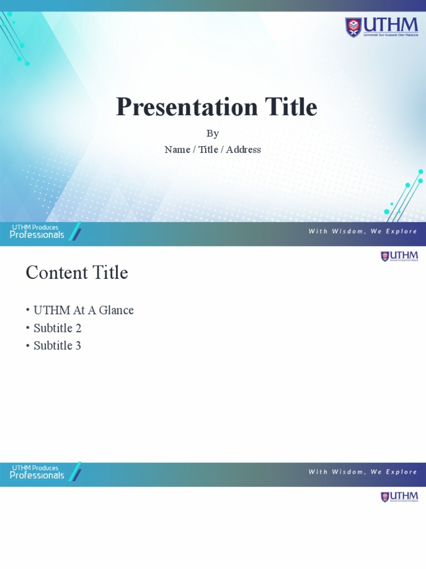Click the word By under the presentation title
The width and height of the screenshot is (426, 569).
coord(212,134)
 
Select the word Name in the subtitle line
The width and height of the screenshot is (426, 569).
coord(177,149)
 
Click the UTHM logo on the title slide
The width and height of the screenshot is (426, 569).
coord(382,27)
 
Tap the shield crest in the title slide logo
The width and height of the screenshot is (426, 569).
coord(353,27)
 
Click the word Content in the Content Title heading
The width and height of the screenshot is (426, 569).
coord(57,273)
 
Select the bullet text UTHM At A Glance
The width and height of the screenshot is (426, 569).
coord(83,310)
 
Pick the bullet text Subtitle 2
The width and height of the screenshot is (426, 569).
coord(57,328)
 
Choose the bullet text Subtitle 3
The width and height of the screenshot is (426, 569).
coord(57,346)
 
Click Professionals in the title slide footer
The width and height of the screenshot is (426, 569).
coord(37,235)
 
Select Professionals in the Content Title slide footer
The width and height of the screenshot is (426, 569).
coord(37,476)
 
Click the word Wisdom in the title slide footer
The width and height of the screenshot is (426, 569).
coord(347,231)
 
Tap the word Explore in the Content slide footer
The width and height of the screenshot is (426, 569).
coord(401,472)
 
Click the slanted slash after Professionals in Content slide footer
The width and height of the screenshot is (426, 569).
coord(76,471)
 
